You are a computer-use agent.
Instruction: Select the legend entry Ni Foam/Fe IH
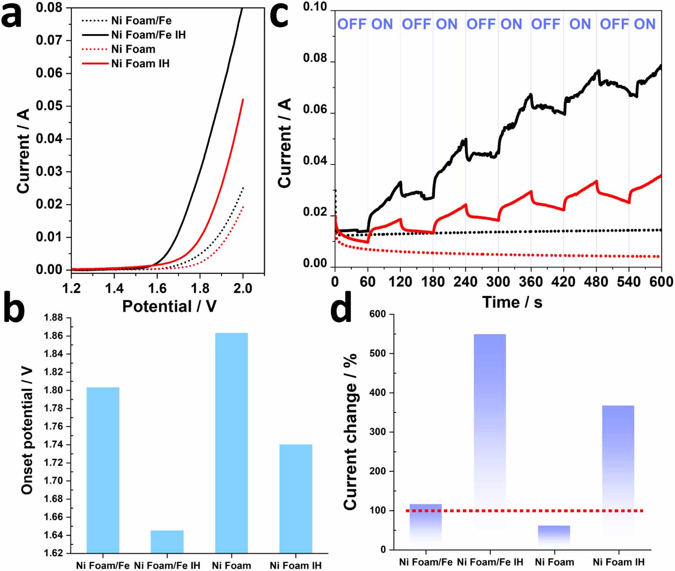tap(148, 35)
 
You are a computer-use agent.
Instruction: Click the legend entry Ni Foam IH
tap(140, 64)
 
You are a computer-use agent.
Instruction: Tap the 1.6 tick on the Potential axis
tap(157, 288)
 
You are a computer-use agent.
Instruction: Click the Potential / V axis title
tap(169, 306)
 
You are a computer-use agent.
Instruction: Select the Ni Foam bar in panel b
tap(231, 443)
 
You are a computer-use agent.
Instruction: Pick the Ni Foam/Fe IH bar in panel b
tap(167, 541)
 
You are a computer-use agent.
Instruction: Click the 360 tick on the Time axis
tap(531, 282)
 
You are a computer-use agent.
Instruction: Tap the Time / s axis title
tap(512, 302)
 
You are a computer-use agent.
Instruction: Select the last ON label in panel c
tap(645, 24)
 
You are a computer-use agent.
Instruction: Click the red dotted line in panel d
tap(523, 511)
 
